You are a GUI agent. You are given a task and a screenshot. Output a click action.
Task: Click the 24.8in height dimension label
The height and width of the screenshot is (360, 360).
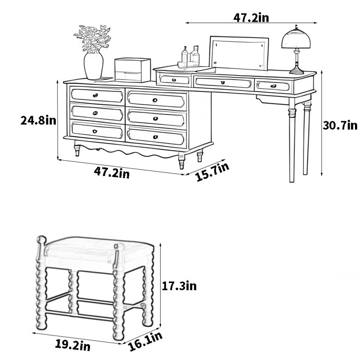[38, 120]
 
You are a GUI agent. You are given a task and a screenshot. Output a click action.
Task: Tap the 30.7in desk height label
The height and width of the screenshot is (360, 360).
[340, 126]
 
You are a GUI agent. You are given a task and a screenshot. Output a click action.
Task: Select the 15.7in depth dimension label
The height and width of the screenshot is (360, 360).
[212, 172]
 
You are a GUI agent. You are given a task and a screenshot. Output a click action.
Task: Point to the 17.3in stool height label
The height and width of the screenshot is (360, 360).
[179, 286]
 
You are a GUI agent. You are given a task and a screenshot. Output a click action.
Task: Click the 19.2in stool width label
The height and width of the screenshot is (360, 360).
[73, 345]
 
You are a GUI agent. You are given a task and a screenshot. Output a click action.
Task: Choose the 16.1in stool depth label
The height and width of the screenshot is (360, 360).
[145, 342]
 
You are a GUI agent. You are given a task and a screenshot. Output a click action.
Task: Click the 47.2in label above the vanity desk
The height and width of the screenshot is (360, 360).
[251, 18]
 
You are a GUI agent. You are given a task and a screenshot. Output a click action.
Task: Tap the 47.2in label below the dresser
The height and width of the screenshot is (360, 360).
[112, 173]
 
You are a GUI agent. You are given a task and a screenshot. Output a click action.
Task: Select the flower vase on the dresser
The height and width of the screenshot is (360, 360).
[94, 65]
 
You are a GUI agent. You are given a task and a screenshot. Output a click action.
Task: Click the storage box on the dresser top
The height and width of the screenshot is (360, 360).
[132, 70]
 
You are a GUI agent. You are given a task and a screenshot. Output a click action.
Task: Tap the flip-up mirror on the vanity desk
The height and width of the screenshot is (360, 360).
[239, 53]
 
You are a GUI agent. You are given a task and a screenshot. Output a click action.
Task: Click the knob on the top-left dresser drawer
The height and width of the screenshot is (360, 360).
[95, 95]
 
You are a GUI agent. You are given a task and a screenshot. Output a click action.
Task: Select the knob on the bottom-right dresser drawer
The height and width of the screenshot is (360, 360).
[155, 137]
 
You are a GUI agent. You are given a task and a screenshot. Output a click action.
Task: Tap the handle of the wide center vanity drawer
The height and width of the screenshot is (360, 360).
[222, 83]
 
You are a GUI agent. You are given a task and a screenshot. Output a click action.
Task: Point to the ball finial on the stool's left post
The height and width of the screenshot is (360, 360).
[41, 240]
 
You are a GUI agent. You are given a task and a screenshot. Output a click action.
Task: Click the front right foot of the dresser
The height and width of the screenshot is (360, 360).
[181, 161]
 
